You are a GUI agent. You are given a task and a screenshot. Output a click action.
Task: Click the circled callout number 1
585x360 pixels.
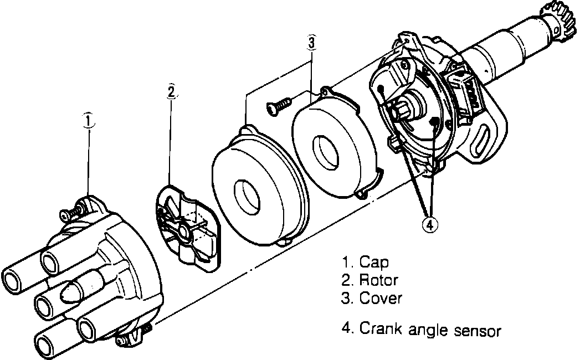pyautogui.click(x=88, y=120)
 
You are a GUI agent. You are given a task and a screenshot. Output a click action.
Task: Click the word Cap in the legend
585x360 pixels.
pyautogui.click(x=374, y=261)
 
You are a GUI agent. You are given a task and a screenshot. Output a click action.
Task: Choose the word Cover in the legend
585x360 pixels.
pyautogui.click(x=381, y=299)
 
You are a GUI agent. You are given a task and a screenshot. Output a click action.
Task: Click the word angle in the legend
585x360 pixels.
pyautogui.click(x=426, y=331)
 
